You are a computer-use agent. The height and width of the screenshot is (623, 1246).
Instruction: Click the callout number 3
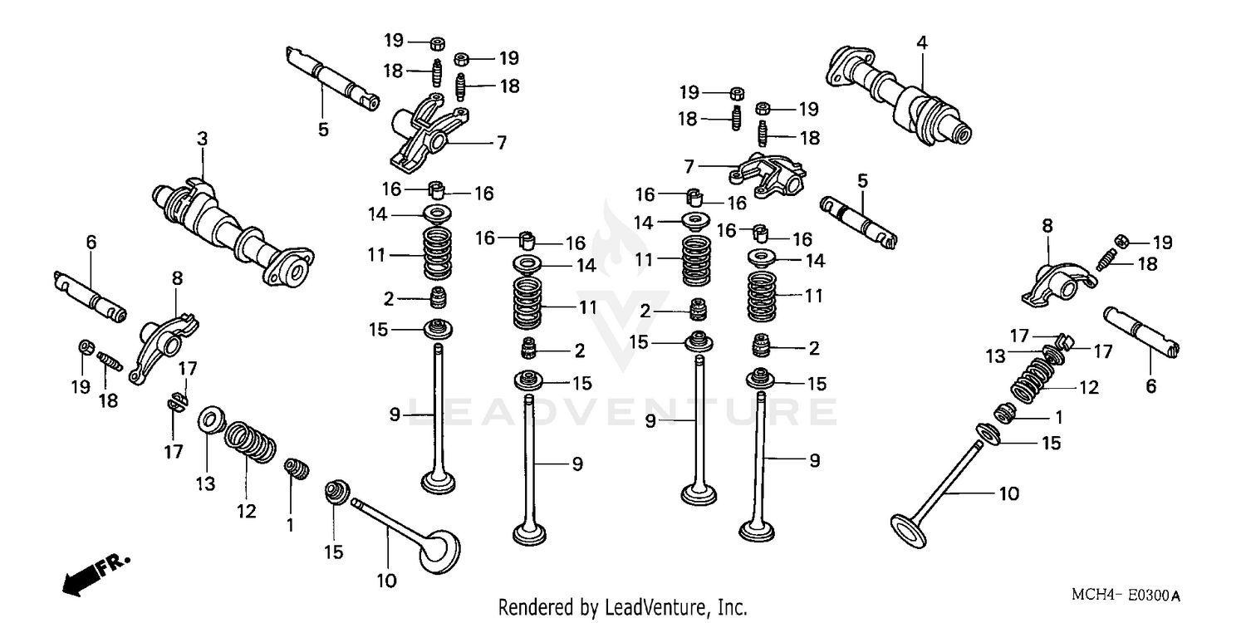[201, 140]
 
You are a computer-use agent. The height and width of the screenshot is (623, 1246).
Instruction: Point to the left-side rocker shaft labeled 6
[90, 295]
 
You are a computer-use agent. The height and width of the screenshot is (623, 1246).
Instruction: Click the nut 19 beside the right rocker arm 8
[1121, 241]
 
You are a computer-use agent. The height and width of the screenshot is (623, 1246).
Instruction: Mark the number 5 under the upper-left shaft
[323, 130]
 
